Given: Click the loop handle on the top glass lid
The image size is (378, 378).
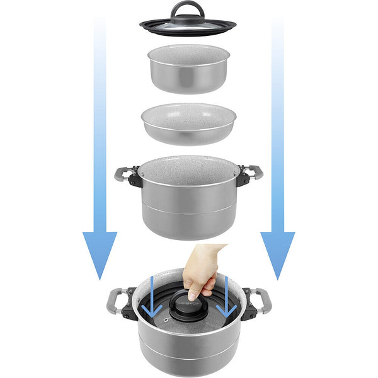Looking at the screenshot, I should [188, 8].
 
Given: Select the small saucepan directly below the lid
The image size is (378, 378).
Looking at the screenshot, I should [188, 72].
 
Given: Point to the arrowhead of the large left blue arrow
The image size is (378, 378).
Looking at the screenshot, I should [100, 252].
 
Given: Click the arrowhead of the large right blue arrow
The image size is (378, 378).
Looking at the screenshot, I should [278, 252].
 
